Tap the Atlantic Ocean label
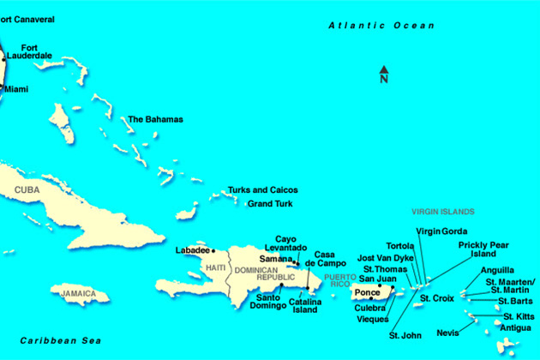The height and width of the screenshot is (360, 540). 381,26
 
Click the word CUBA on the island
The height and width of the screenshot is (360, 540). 28,189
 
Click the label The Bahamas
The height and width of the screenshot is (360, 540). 155,119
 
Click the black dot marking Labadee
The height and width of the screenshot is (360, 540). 213,251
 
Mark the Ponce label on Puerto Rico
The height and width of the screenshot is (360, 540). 367,292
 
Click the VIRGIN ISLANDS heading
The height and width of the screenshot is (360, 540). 443,211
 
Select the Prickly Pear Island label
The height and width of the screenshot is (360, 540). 483,249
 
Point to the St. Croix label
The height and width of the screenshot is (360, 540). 436,297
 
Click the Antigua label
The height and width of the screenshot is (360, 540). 516,327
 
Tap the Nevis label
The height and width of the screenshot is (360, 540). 447,333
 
